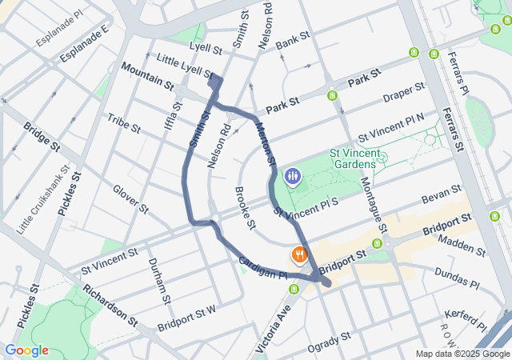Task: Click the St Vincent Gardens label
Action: pos(351,158)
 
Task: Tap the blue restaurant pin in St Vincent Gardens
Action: pos(293,176)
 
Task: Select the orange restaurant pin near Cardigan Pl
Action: pos(299,255)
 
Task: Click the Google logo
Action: pos(26,350)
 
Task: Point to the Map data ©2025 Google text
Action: pos(462,354)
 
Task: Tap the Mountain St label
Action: pos(147,81)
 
